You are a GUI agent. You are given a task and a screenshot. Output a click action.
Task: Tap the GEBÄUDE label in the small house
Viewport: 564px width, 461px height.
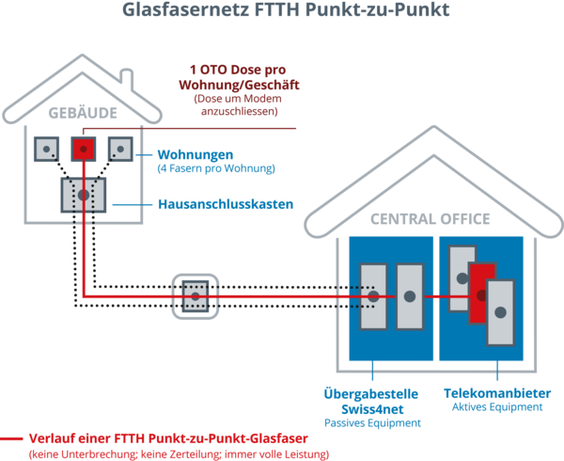tap(83, 113)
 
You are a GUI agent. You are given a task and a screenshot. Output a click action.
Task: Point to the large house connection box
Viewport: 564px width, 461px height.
tap(84, 194)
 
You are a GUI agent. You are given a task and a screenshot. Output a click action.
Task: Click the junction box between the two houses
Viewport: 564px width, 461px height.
tap(195, 295)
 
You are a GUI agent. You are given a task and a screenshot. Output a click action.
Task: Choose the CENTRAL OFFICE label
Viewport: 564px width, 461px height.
tap(431, 219)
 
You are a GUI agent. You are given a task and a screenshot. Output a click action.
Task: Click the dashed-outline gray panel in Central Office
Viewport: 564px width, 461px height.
tap(373, 295)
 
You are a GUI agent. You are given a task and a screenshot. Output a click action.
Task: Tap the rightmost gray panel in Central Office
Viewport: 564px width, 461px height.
tap(501, 311)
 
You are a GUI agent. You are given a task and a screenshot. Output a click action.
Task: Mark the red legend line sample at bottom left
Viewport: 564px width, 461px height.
tap(12, 438)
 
